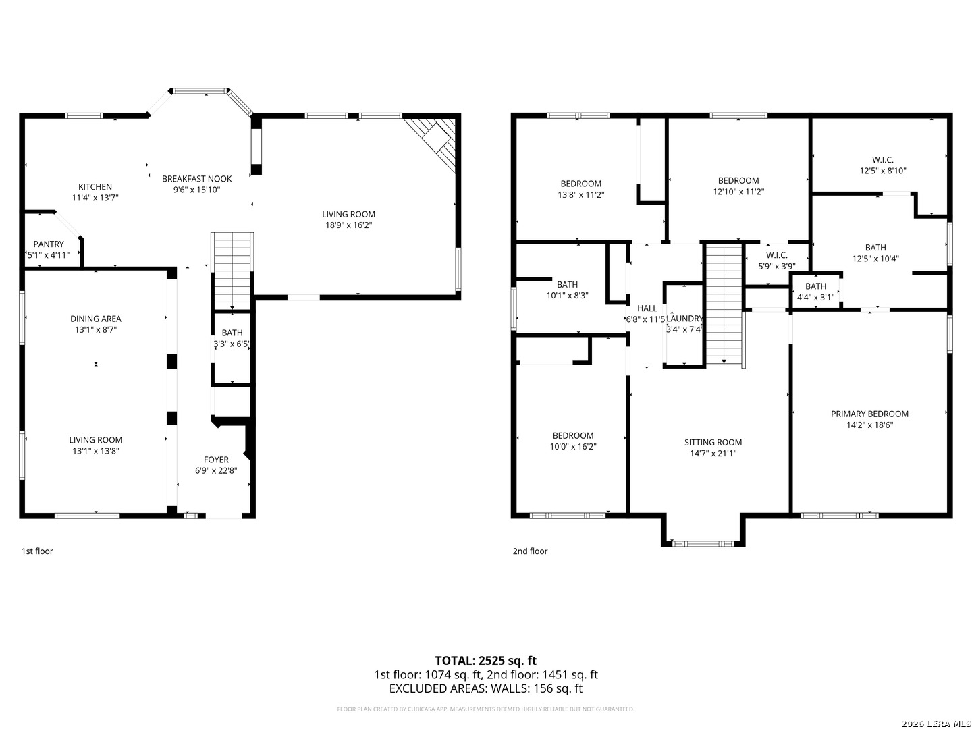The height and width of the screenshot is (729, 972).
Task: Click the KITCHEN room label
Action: tap(95, 187)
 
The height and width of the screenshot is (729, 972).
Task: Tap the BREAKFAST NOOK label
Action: tap(196, 179)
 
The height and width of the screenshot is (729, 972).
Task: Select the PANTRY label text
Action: tap(49, 244)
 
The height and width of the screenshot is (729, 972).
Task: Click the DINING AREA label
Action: tap(96, 319)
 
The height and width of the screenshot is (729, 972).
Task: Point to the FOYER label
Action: tap(216, 460)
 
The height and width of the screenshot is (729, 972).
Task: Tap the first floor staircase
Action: tap(232, 270)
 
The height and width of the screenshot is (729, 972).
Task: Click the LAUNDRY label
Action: tap(684, 319)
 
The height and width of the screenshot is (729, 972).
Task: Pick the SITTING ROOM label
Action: tap(713, 443)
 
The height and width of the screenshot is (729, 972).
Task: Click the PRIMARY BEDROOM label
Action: tap(869, 414)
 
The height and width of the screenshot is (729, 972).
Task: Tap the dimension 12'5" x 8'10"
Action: tap(883, 171)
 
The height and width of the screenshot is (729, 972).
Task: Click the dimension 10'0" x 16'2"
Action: tap(573, 446)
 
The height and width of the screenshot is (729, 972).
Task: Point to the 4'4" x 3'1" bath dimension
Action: tap(815, 297)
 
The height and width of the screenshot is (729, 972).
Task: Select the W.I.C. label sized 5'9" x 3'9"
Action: tap(777, 254)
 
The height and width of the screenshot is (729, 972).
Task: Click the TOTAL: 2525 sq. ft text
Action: tap(485, 660)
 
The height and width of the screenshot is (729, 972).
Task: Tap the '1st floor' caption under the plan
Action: tap(37, 551)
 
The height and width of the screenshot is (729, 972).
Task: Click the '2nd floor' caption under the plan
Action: tap(530, 551)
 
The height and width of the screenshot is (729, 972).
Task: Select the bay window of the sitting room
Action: tap(703, 543)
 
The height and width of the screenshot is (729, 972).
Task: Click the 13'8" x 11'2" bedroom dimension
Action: tap(580, 194)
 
